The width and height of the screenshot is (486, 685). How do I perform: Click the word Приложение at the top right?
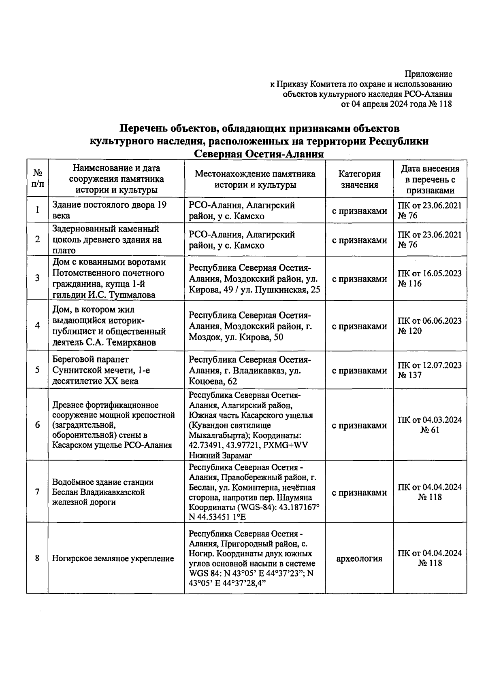[428, 74]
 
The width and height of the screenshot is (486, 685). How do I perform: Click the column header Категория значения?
[359, 179]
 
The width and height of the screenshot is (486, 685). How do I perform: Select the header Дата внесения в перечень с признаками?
[430, 179]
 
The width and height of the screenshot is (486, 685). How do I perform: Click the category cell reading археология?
[359, 558]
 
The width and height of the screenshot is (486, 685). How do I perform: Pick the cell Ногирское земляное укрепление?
[113, 558]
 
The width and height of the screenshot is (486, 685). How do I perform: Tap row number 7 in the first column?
[37, 492]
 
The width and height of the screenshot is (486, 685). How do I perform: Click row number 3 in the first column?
[37, 278]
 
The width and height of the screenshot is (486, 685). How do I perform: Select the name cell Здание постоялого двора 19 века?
[109, 210]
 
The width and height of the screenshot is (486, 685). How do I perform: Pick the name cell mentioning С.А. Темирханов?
[109, 326]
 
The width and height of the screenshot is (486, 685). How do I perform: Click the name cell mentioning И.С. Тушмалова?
[109, 278]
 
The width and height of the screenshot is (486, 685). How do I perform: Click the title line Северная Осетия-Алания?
[259, 154]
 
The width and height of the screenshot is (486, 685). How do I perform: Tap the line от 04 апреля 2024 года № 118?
[396, 104]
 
